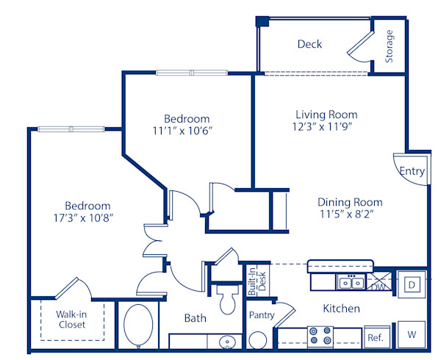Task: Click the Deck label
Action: (309, 44)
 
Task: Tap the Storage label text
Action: (390, 46)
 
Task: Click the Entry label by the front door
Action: (412, 171)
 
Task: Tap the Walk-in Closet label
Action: (72, 320)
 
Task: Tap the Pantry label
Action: (261, 315)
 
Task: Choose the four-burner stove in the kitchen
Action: (320, 336)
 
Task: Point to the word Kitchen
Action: (341, 309)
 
